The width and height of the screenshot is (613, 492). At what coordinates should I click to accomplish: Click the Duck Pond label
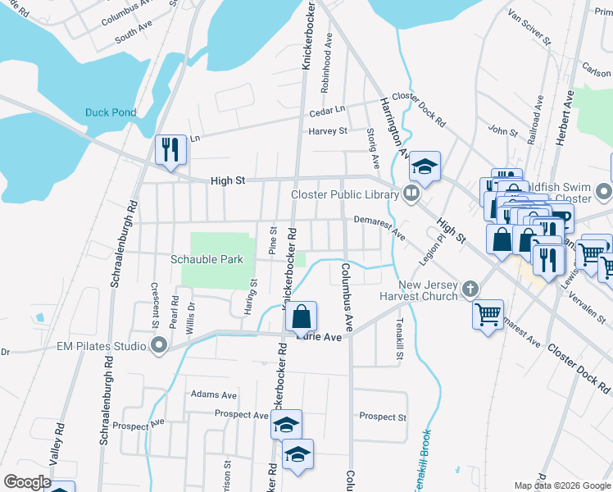110,112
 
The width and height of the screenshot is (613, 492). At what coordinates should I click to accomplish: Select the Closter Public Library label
344,194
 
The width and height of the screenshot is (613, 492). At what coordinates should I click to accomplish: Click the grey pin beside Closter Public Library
411,194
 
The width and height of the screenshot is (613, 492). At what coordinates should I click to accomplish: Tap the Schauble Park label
207,259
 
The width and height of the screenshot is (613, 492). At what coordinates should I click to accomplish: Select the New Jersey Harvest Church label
418,289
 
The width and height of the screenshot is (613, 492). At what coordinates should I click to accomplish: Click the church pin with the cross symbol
470,289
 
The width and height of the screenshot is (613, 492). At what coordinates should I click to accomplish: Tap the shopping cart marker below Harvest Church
488,313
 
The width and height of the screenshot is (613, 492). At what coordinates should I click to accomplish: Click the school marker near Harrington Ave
425,167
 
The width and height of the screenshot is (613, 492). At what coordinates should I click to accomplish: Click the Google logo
27,482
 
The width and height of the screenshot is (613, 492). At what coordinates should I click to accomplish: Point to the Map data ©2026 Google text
562,485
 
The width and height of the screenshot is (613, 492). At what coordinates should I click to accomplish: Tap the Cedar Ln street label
327,112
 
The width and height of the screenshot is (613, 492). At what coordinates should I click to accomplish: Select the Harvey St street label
328,131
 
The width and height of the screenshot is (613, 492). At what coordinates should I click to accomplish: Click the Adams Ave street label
208,394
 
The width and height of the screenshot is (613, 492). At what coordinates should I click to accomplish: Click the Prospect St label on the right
383,417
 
